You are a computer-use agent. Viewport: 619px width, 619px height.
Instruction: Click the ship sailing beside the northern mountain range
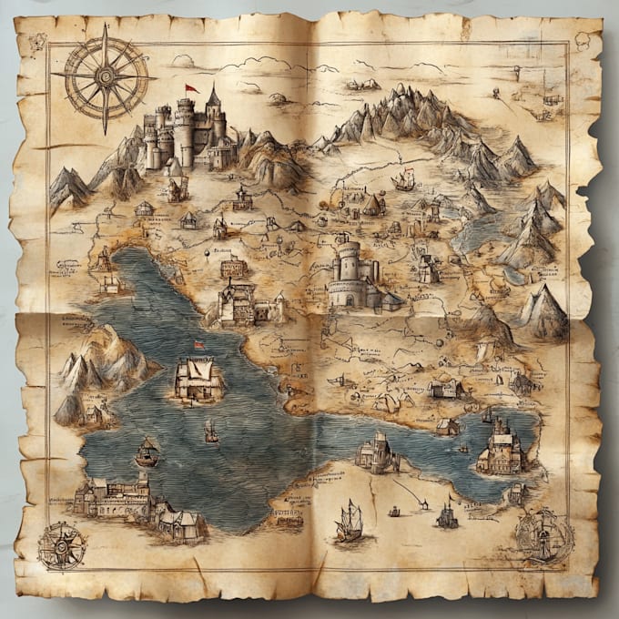(403, 180)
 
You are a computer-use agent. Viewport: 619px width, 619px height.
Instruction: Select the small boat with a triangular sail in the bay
(147, 451)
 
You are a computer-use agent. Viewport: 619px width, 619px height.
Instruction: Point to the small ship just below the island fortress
(211, 430)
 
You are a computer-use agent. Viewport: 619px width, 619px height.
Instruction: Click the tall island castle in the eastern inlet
(500, 445)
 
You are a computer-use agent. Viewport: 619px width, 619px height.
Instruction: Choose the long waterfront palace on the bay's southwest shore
(114, 497)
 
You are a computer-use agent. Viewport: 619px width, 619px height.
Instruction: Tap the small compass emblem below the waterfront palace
(62, 545)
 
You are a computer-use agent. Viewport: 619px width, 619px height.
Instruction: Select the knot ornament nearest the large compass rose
(37, 42)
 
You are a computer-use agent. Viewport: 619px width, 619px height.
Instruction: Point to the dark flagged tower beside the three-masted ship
(447, 515)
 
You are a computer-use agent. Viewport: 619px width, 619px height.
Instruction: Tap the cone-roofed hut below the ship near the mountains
(373, 206)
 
